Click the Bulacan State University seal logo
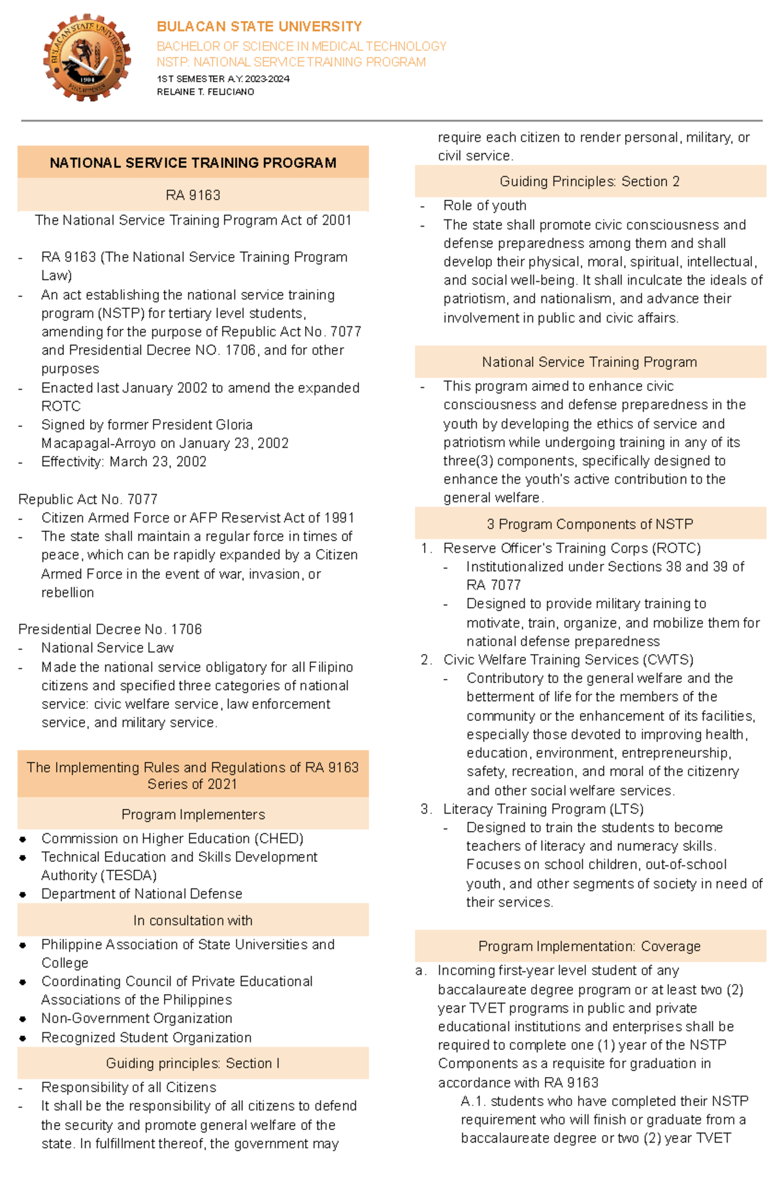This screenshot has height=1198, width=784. [87, 58]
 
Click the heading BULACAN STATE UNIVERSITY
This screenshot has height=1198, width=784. [259, 27]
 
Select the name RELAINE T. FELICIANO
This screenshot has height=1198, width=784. [205, 92]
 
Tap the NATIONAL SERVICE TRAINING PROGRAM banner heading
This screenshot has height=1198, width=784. [193, 163]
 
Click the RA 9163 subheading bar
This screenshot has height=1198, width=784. [193, 195]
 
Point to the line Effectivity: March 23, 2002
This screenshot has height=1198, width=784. [123, 462]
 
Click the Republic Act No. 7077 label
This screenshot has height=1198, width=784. [88, 499]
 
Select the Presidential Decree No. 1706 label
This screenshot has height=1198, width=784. [110, 629]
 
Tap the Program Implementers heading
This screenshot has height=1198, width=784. [193, 815]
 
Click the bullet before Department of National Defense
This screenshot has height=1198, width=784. [23, 894]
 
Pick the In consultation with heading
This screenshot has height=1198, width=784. [193, 921]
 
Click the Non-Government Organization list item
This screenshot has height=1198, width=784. [137, 1018]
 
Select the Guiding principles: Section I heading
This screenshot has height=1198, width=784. [193, 1064]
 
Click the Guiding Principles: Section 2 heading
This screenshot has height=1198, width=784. [589, 181]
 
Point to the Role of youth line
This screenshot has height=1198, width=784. [484, 206]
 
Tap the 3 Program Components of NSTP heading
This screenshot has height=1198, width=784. [589, 524]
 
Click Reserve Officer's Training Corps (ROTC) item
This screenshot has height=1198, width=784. [572, 548]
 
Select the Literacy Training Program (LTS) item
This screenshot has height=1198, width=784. [543, 809]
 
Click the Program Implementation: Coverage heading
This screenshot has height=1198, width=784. [589, 947]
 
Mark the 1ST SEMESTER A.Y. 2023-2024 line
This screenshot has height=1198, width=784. [223, 79]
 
